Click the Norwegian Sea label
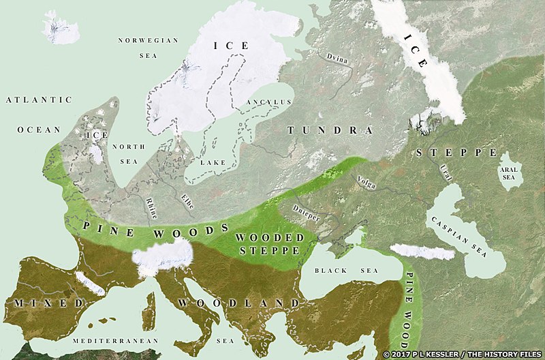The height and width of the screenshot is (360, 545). click(148, 50)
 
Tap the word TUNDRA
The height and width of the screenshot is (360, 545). click(330, 130)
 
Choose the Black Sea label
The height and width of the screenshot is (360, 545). click(340, 271)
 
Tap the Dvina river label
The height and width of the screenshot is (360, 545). click(338, 59)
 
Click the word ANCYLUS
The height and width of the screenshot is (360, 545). click(269, 102)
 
